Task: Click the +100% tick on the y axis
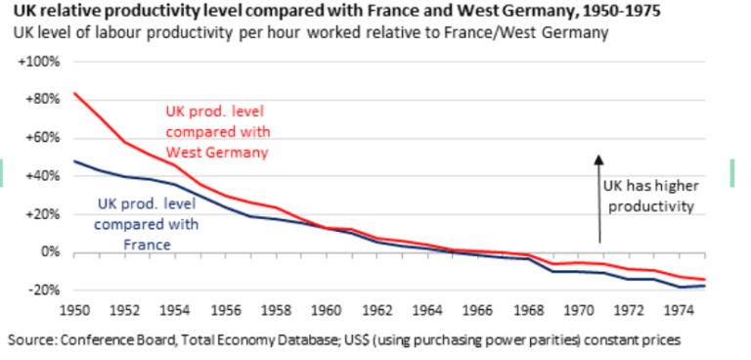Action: click(x=39, y=62)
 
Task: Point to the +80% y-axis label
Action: click(x=42, y=99)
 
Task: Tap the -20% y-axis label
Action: click(x=44, y=291)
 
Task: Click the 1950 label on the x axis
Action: click(x=75, y=312)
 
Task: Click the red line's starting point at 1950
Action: click(x=74, y=93)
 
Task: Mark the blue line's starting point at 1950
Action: click(x=74, y=160)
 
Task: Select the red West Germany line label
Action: click(x=217, y=132)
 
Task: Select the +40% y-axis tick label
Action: click(x=42, y=176)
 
